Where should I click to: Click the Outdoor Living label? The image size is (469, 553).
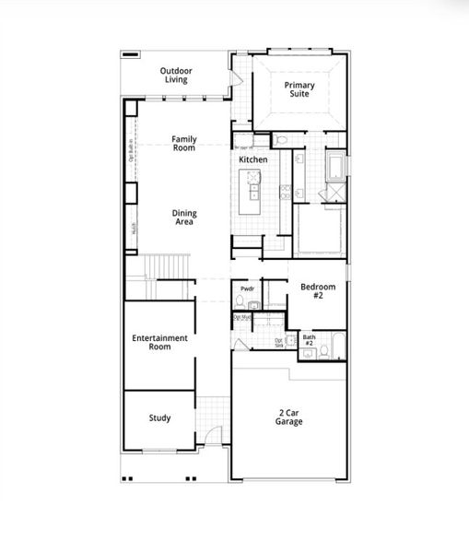coord(175,76)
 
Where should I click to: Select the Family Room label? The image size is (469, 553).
coord(184,143)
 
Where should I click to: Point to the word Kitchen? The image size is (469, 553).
coord(253,160)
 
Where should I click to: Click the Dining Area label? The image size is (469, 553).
coord(184,218)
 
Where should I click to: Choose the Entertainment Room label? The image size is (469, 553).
coord(159,342)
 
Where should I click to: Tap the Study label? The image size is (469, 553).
coord(159,418)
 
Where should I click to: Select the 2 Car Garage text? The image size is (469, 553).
coord(288,417)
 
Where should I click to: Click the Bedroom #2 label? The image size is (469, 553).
coord(318,292)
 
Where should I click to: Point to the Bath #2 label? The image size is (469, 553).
coord(310,340)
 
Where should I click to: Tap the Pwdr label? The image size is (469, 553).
coord(247,289)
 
